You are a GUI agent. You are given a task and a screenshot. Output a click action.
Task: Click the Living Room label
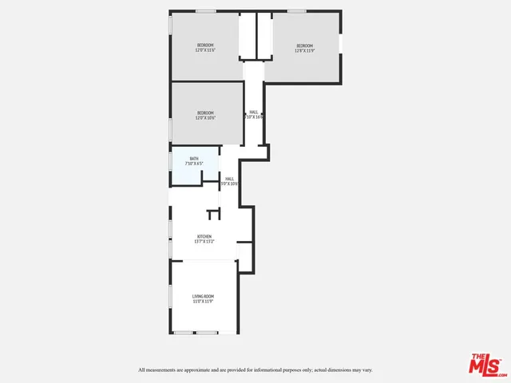pyautogui.click(x=203, y=296)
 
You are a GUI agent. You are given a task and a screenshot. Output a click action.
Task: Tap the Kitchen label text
pyautogui.click(x=205, y=236)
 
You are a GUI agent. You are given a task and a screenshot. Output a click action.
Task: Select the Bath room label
pyautogui.click(x=194, y=159)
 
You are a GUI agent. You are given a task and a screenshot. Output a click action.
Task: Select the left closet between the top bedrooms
pyautogui.click(x=248, y=36)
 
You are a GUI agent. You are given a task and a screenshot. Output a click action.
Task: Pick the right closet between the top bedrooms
pyautogui.click(x=265, y=36)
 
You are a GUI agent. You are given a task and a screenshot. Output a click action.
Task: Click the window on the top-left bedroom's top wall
pyautogui.click(x=206, y=11)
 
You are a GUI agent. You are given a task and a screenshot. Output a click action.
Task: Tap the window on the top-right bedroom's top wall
pyautogui.click(x=297, y=11)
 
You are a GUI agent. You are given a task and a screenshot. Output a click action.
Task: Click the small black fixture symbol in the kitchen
pyautogui.click(x=213, y=214)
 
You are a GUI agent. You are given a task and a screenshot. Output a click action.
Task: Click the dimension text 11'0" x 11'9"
pyautogui.click(x=203, y=302)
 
